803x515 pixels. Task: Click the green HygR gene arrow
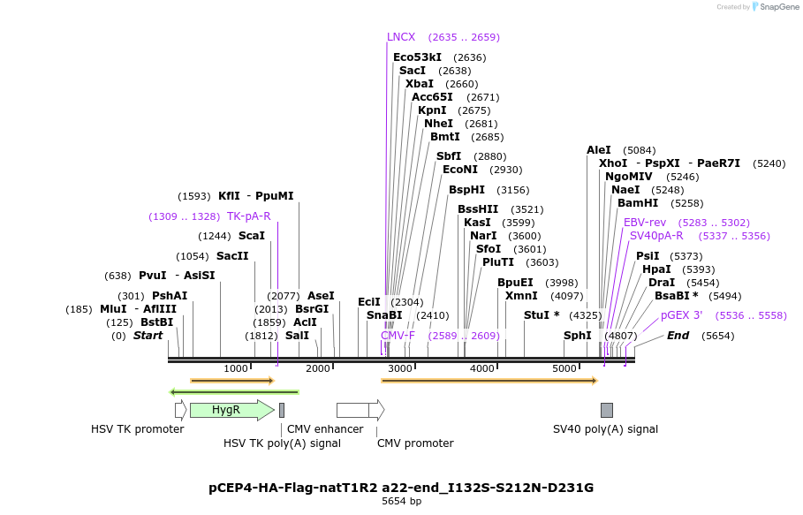[231, 410]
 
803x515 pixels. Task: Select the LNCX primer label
[401, 37]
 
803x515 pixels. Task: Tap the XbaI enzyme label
[420, 84]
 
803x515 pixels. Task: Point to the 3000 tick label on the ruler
[400, 368]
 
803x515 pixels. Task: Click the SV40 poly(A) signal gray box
[607, 410]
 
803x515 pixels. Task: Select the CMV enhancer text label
[325, 429]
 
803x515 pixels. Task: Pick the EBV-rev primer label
[645, 223]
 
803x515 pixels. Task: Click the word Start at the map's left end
[148, 336]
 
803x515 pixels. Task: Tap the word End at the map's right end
[678, 336]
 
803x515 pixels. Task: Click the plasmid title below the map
[401, 488]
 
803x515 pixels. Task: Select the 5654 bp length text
[401, 502]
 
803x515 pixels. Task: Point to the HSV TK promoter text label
[137, 429]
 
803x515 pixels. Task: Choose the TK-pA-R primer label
[249, 216]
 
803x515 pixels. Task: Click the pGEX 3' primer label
[681, 315]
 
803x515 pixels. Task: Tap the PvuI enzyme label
[153, 276]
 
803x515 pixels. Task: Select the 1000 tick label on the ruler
[236, 368]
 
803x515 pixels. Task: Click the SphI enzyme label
[578, 336]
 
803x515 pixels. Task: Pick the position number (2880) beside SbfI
[490, 156]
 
